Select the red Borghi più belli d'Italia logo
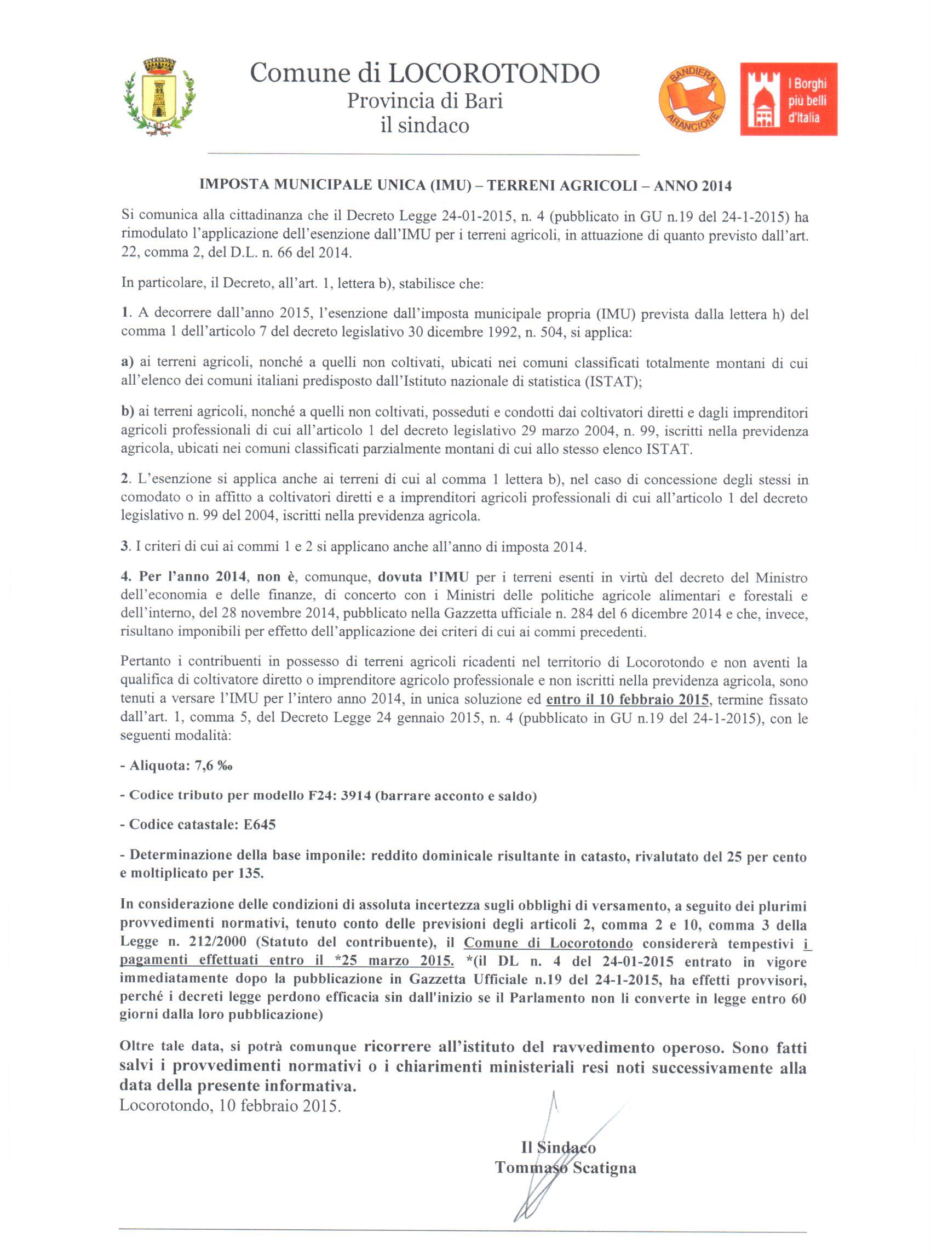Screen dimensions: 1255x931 [788, 99]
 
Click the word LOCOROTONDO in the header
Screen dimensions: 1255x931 [493, 74]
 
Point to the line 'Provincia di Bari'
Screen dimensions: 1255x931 [424, 101]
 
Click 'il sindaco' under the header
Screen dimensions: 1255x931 [424, 124]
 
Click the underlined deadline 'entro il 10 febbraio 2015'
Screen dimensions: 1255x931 [627, 700]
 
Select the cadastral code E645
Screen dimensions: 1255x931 [259, 825]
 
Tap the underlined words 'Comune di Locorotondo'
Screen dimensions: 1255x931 [548, 943]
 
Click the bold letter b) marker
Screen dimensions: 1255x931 [128, 412]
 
